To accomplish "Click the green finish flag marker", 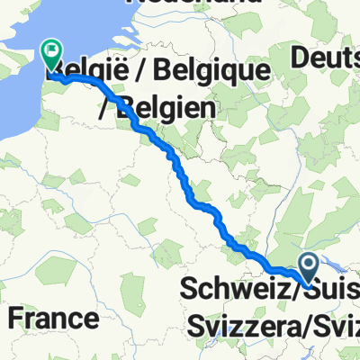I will point(51,55).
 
